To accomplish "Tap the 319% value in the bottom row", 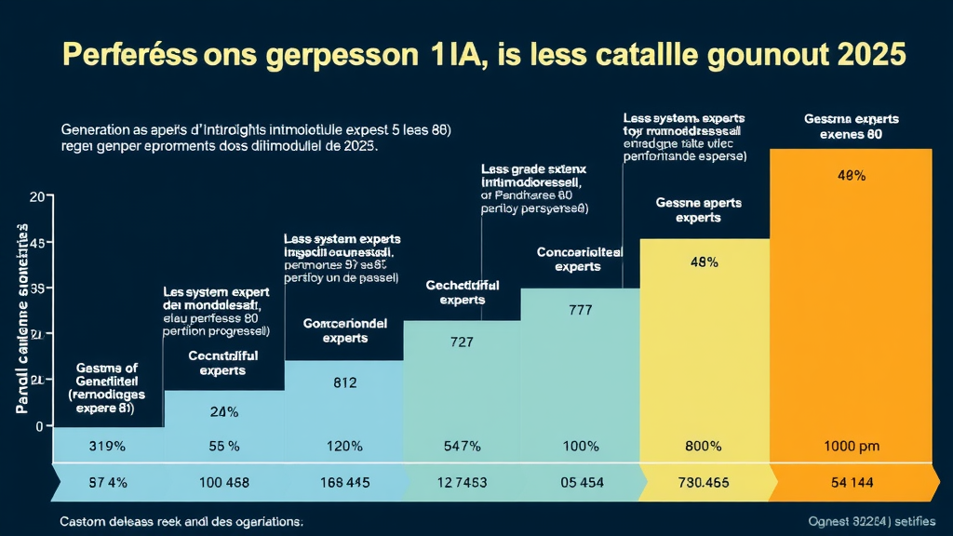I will (x=107, y=446).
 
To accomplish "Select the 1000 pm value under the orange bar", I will (x=852, y=446).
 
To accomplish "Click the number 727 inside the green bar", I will (x=461, y=342).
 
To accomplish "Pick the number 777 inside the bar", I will (x=580, y=310).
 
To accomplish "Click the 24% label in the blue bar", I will (x=224, y=411).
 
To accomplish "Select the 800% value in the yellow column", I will (x=703, y=446).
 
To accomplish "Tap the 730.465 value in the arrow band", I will (x=703, y=482).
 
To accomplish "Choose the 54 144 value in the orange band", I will (x=852, y=482).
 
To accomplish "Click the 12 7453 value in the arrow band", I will (x=461, y=482).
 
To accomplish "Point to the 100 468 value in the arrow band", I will (x=224, y=482).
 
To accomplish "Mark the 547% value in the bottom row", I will (x=461, y=446).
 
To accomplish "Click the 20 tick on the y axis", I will (x=38, y=196).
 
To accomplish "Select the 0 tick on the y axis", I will (x=39, y=426).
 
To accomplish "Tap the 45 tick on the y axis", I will (x=38, y=244).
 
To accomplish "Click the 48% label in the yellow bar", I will (x=704, y=262).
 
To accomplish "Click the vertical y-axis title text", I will (x=20, y=316).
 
